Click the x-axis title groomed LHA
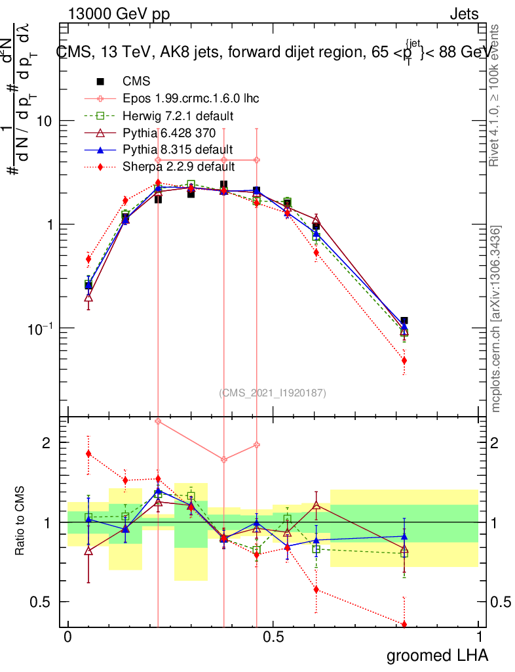pos(437,655)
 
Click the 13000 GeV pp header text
pos(119,14)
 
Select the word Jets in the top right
pos(464,14)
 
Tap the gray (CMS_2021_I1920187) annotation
pos(272,392)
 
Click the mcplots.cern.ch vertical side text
pos(496,318)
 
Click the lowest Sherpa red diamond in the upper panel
pos(404,360)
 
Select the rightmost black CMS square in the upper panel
pos(404,321)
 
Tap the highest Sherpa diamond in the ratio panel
pos(88,453)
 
